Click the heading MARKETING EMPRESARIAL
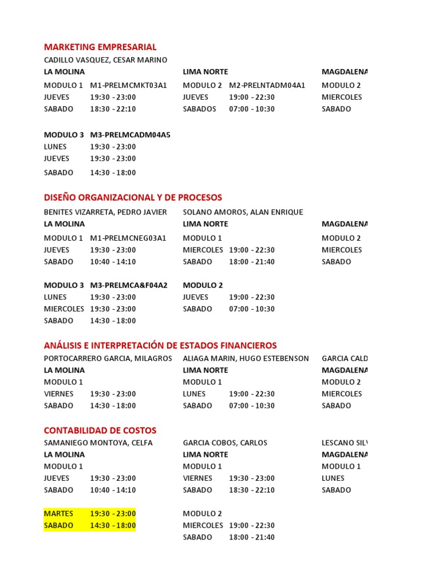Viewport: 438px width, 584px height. point(100,47)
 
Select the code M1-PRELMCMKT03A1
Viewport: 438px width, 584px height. point(128,86)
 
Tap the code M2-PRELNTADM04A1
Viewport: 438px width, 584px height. point(267,86)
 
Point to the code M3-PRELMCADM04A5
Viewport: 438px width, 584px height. point(130,135)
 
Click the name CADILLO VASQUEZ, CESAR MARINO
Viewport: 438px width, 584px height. point(106,60)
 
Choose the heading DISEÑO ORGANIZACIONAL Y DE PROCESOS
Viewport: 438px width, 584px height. point(133,198)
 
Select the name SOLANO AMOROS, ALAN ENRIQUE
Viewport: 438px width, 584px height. point(243,212)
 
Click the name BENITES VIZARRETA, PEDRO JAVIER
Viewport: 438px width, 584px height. point(106,212)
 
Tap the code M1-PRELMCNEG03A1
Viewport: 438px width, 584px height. point(128,238)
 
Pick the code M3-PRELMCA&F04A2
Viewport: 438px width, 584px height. point(129,285)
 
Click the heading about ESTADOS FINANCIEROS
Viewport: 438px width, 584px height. point(160,346)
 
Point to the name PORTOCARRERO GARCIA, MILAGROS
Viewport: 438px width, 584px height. point(108,359)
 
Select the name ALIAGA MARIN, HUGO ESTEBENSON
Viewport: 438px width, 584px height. point(246,359)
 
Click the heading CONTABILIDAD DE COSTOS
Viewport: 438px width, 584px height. point(100,431)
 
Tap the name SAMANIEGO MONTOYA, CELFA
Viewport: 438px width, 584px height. point(98,443)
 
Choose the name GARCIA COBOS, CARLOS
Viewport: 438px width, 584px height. point(225,443)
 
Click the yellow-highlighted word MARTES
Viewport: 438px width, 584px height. point(59,514)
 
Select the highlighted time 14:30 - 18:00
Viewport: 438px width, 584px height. point(113,526)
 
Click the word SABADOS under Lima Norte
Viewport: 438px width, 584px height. point(200,109)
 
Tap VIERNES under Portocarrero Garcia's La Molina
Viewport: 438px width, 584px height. point(58,394)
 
